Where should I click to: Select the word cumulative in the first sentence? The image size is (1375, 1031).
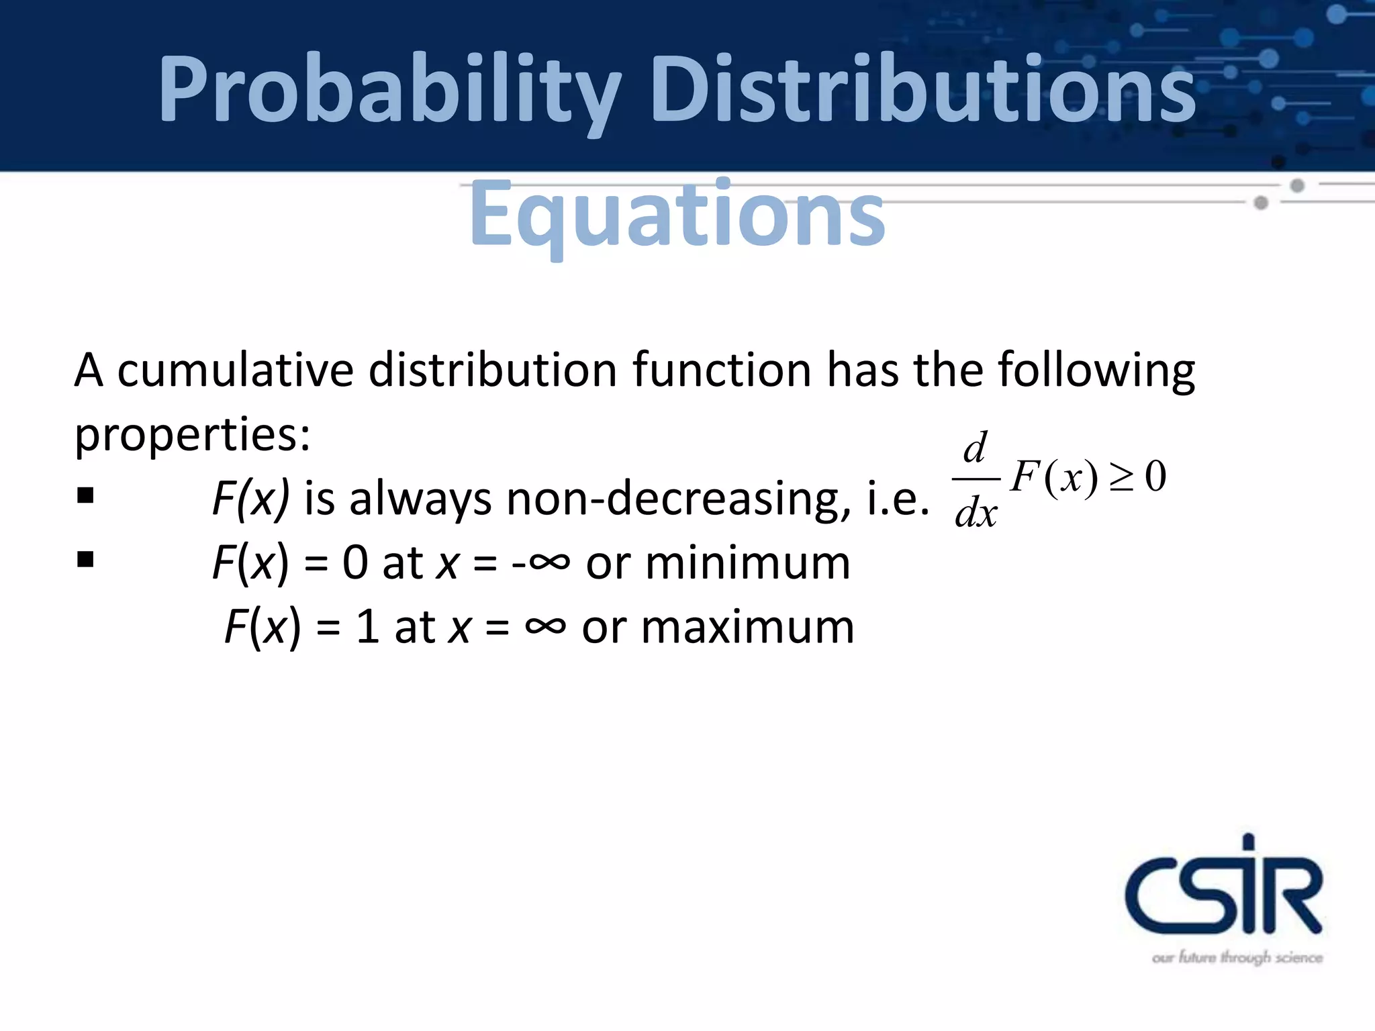235,371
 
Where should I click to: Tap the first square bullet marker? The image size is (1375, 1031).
85,496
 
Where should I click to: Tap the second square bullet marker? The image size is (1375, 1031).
85,559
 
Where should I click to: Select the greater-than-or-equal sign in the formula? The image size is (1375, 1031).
1121,478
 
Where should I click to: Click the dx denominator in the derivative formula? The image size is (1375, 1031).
976,514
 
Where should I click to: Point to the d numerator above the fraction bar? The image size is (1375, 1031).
976,448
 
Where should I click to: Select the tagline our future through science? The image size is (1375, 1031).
1237,957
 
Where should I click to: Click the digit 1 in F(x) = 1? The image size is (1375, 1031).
367,628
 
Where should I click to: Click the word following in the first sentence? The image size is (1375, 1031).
1096,371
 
